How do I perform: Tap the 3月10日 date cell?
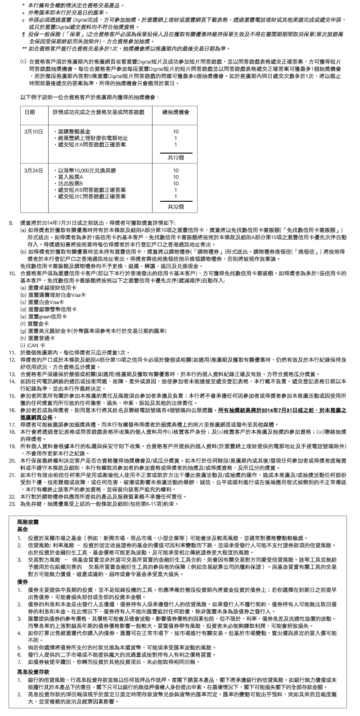[x=34, y=131]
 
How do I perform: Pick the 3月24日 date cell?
[x=34, y=171]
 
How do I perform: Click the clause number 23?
[x=12, y=503]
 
